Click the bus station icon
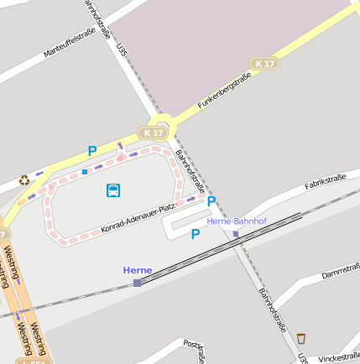coord(113,190)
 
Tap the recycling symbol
coord(24,179)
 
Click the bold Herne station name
coord(137,270)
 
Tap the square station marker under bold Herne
coord(137,283)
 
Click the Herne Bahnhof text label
coord(236,221)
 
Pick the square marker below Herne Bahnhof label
coord(236,234)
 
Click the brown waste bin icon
coord(300,339)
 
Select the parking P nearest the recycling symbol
coord(92,152)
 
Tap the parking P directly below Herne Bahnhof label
coord(196,235)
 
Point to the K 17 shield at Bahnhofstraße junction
coord(154,133)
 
